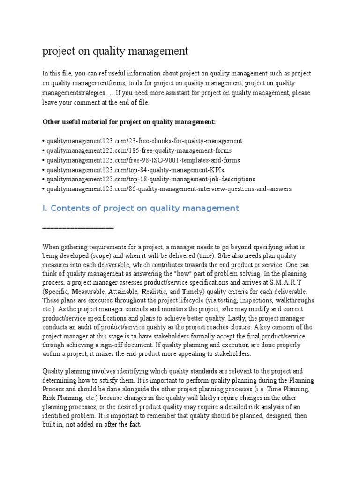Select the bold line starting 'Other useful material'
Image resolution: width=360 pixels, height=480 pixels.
click(129, 122)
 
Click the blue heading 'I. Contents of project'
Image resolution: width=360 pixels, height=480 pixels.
click(141, 208)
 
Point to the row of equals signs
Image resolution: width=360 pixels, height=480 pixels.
click(78, 227)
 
